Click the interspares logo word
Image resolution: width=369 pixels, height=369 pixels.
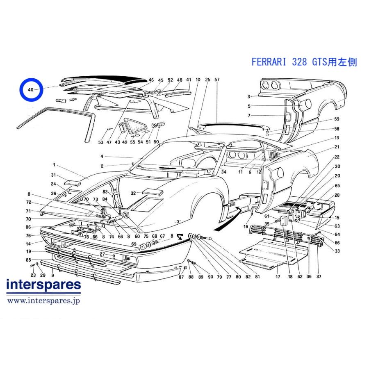click(43, 285)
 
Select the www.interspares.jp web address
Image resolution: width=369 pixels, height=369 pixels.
click(43, 301)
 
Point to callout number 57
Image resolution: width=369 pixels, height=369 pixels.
click(217, 80)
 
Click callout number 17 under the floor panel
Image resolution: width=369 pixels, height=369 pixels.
click(278, 276)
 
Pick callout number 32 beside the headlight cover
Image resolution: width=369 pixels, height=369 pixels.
click(133, 193)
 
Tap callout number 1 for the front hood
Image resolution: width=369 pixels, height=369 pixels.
click(54, 165)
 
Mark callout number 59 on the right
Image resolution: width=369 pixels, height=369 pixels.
click(337, 119)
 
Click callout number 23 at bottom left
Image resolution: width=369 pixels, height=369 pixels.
click(33, 275)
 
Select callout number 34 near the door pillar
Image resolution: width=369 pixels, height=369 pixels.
click(223, 172)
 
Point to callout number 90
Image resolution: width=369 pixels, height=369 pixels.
click(210, 277)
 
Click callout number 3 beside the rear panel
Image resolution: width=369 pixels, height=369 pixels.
click(249, 96)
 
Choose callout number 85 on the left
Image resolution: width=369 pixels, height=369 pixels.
click(28, 260)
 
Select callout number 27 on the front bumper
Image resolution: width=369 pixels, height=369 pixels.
click(102, 254)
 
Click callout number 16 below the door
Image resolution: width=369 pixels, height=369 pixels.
click(246, 226)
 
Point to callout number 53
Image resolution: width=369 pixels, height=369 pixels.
click(101, 142)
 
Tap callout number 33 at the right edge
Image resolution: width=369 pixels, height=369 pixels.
click(337, 251)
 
